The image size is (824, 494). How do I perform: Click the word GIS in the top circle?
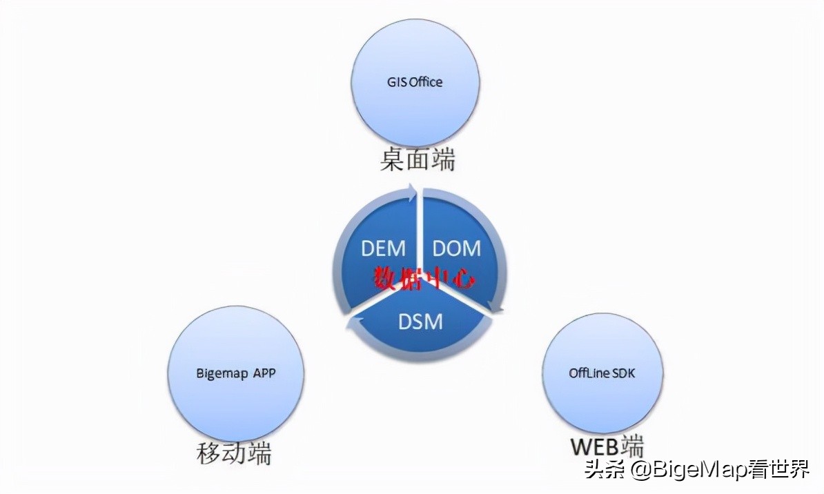pyautogui.click(x=396, y=82)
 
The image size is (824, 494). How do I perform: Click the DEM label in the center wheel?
pyautogui.click(x=383, y=248)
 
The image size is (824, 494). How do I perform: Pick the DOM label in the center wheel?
pyautogui.click(x=456, y=248)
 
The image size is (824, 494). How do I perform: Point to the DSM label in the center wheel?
pyautogui.click(x=420, y=321)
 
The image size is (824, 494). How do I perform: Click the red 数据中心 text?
pyautogui.click(x=424, y=278)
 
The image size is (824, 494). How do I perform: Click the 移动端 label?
pyautogui.click(x=234, y=454)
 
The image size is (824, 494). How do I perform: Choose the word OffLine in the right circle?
pyautogui.click(x=588, y=373)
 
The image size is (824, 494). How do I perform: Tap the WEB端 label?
pyautogui.click(x=607, y=446)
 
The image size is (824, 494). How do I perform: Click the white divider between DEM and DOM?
pyautogui.click(x=420, y=235)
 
